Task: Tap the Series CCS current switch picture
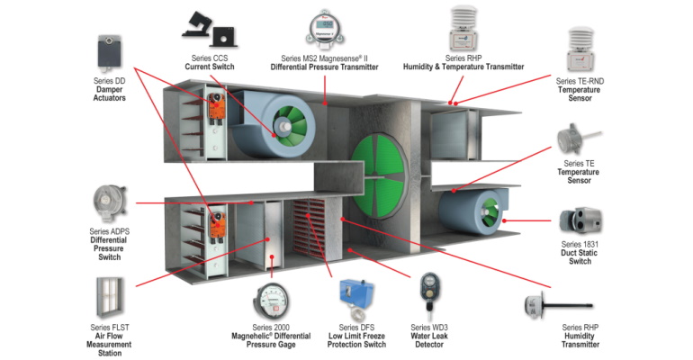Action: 211,30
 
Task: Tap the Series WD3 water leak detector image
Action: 428,292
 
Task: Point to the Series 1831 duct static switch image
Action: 580,220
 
